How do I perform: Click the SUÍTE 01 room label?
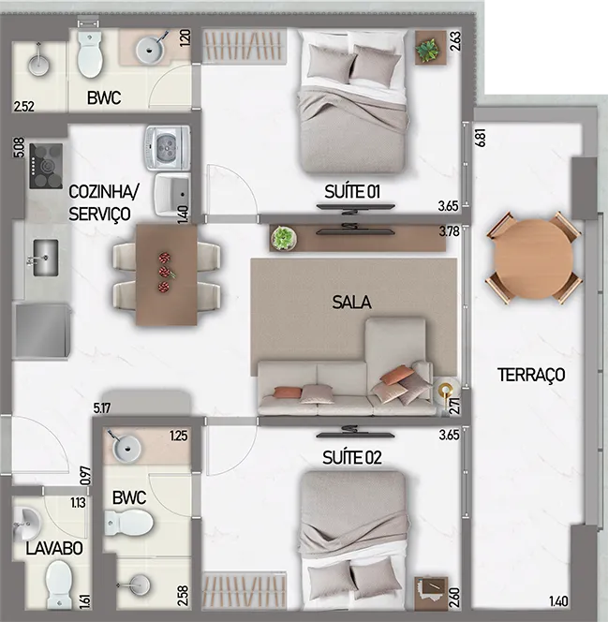[x=352, y=192]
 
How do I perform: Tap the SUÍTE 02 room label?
[x=352, y=458]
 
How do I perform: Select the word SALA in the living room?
[x=352, y=303]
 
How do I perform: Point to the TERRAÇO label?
[x=531, y=375]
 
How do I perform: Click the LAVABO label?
[x=54, y=549]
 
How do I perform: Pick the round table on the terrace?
[x=534, y=259]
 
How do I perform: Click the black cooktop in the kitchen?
[x=47, y=166]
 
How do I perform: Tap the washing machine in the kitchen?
[x=169, y=148]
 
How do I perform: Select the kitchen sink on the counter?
[x=45, y=258]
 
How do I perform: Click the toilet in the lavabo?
[x=59, y=584]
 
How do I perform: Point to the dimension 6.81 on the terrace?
[x=481, y=138]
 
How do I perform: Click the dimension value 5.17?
[x=102, y=408]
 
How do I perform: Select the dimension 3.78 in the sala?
[x=449, y=231]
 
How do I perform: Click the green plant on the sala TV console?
[x=284, y=239]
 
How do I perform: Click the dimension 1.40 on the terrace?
[x=558, y=601]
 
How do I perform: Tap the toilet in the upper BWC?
[x=89, y=53]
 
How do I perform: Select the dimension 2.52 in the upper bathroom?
[x=23, y=107]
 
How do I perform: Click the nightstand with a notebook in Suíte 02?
[x=431, y=594]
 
